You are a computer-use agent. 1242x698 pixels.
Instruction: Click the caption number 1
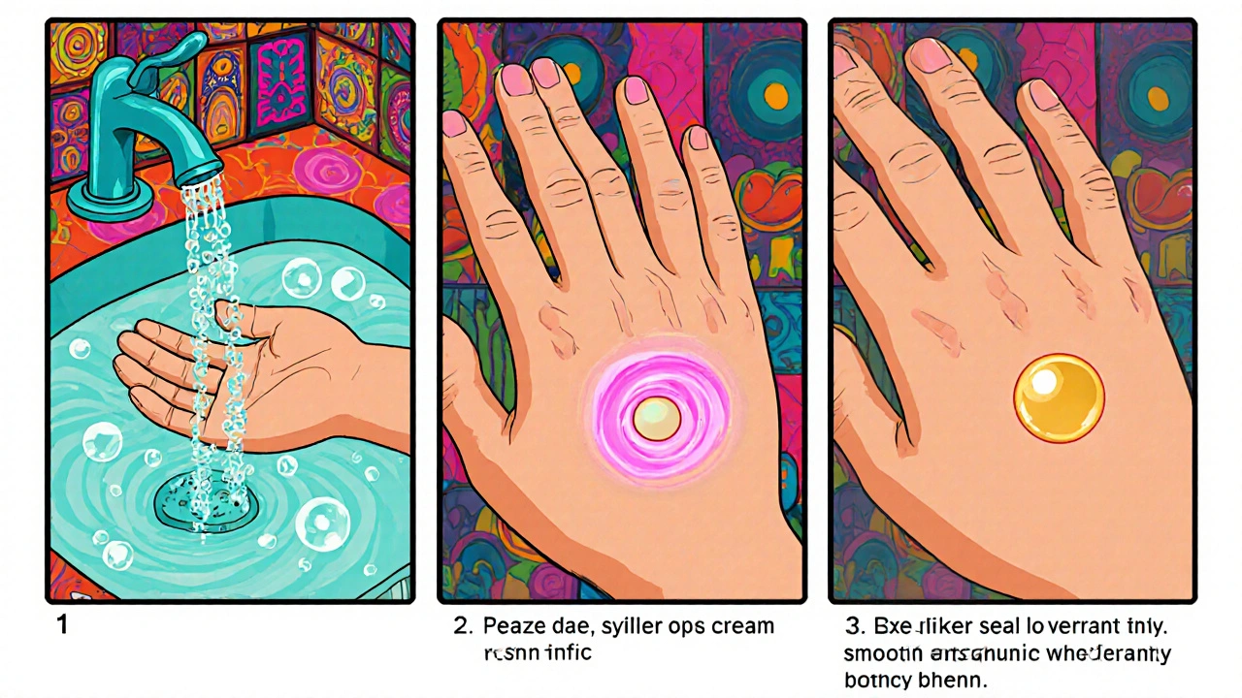[62, 625]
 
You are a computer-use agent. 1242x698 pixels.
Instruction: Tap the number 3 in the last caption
[850, 626]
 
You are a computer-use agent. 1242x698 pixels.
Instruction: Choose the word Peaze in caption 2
[514, 626]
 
